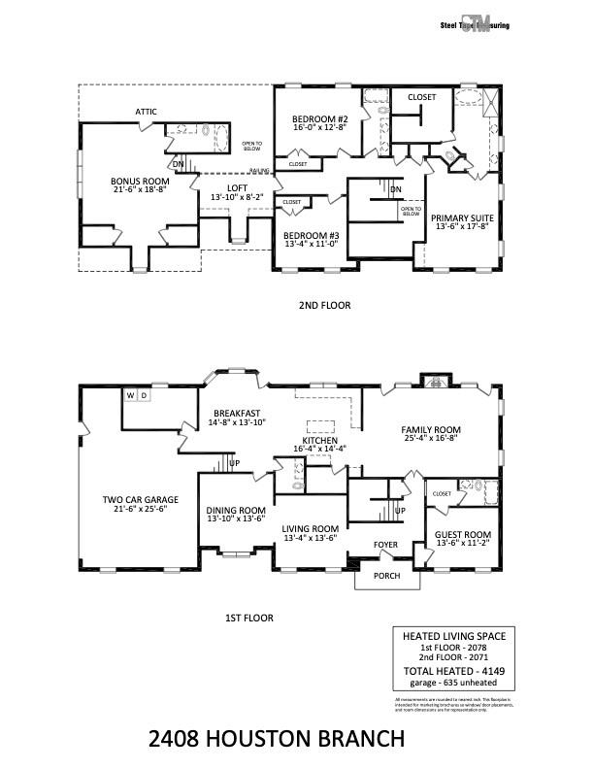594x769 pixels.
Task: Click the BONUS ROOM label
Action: click(141, 181)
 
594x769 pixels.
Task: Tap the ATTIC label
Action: click(147, 112)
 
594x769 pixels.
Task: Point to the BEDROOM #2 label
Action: click(319, 118)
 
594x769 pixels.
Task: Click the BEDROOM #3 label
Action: click(311, 235)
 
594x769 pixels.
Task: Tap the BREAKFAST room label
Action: click(237, 413)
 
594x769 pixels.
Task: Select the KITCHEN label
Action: click(319, 440)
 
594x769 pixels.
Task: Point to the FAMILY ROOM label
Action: click(432, 429)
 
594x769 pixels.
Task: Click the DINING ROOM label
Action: click(236, 510)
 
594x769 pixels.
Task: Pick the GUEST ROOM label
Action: click(461, 534)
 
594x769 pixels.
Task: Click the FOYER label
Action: click(386, 545)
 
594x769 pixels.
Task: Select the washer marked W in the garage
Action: click(130, 395)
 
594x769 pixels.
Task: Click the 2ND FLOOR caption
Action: click(324, 305)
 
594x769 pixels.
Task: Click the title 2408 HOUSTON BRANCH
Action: click(277, 740)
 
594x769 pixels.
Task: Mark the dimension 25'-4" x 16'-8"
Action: click(432, 439)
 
